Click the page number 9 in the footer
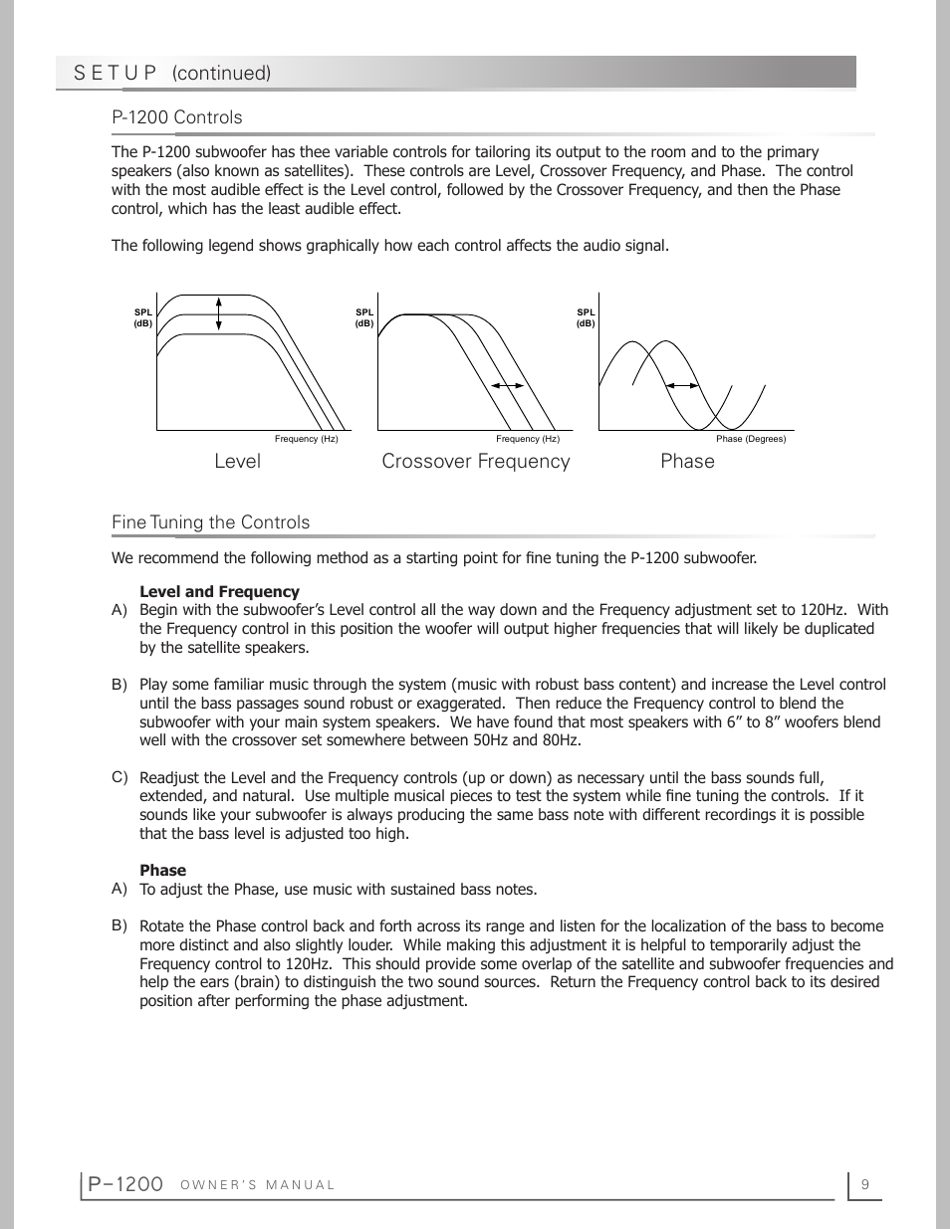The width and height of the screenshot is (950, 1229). point(865,1184)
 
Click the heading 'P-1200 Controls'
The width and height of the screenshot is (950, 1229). point(177,117)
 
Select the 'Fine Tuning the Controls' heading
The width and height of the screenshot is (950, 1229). point(210,522)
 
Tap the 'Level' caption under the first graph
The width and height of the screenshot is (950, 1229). point(237,461)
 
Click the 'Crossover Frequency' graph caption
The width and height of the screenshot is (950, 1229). point(476,461)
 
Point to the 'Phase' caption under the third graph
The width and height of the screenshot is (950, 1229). point(687,461)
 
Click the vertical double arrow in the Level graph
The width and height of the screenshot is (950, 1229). point(218,312)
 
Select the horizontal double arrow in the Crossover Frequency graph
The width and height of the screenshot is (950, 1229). point(507,385)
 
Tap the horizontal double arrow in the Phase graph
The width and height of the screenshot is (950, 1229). point(682,385)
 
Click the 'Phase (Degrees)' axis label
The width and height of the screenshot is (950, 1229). point(751,439)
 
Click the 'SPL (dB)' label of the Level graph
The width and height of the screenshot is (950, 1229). point(143,317)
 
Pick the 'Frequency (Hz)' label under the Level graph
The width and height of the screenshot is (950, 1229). point(307,439)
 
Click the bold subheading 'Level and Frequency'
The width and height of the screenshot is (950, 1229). point(219,591)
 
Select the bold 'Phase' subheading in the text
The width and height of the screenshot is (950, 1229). point(162,870)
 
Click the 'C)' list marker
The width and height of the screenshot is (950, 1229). point(119,776)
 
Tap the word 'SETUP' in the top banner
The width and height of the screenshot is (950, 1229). point(116,73)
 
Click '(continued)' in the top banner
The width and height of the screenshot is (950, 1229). point(221,73)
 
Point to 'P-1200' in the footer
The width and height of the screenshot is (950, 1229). point(124,1183)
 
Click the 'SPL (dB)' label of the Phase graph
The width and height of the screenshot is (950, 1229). point(586,317)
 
